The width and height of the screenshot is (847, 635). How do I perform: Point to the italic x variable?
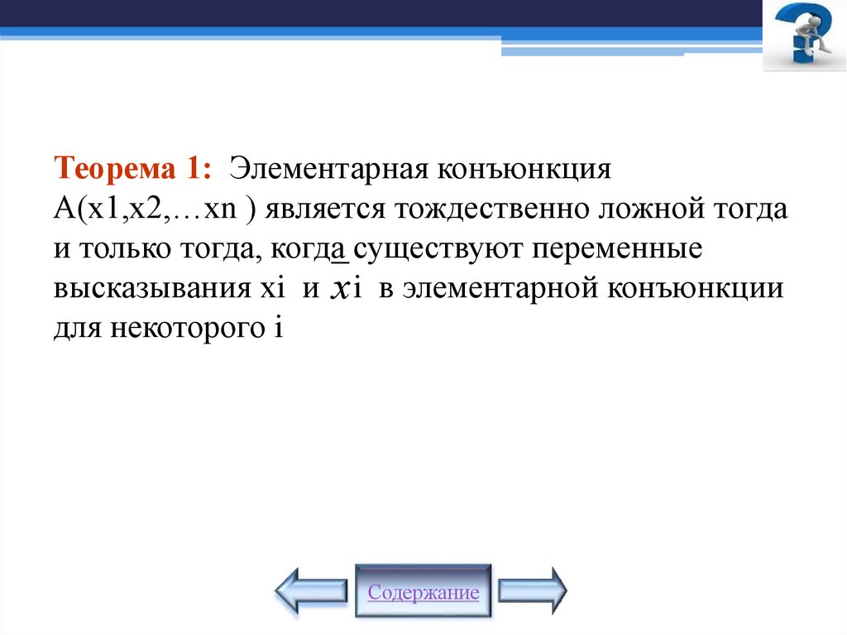tap(337, 289)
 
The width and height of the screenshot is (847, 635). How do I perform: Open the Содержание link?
tap(423, 593)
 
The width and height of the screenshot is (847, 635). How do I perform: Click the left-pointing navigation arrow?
tap(311, 590)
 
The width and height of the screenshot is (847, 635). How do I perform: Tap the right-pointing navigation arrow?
tap(533, 590)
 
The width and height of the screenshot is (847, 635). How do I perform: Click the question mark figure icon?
tap(803, 35)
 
